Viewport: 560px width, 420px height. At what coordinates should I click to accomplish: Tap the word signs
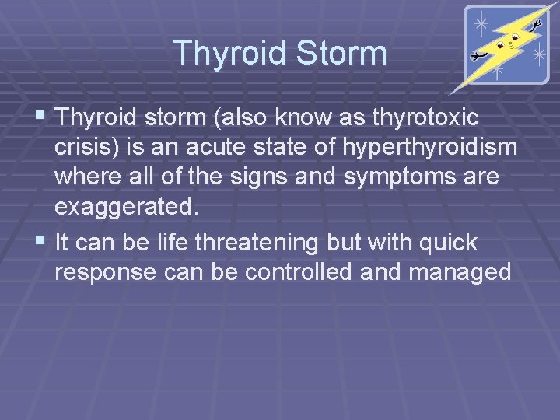pyautogui.click(x=253, y=178)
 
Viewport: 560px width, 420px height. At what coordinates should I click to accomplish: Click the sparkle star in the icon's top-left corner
pyautogui.click(x=481, y=24)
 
